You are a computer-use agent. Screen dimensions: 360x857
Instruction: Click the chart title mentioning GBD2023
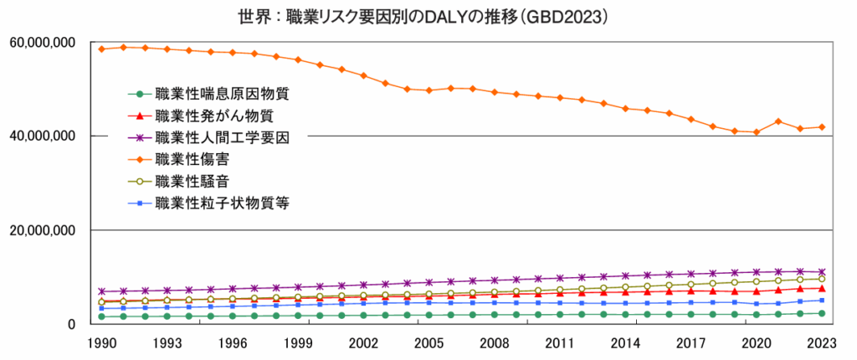click(x=428, y=16)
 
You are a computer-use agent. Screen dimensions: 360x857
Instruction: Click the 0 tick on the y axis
click(x=73, y=324)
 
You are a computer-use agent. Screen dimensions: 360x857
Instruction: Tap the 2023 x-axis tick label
click(x=821, y=343)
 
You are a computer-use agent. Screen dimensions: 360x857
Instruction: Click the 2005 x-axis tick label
click(x=428, y=343)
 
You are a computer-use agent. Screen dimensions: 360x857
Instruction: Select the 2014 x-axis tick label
click(x=625, y=343)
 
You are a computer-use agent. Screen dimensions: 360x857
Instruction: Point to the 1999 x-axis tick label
click(x=298, y=343)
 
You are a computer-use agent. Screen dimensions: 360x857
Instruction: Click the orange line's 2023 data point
click(x=821, y=127)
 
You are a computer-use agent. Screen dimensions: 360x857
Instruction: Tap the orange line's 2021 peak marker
click(x=777, y=121)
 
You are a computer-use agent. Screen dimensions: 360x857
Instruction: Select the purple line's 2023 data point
click(x=821, y=271)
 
